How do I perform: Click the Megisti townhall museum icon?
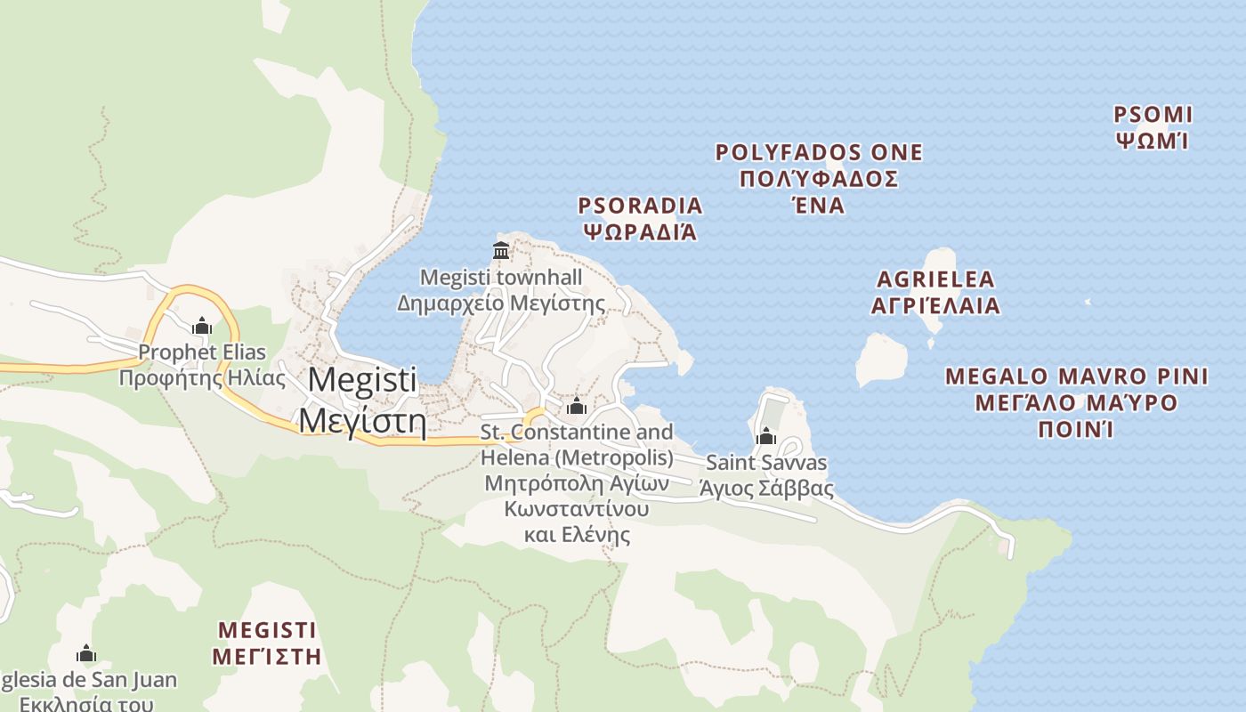tap(501, 251)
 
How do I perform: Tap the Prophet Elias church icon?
tap(202, 326)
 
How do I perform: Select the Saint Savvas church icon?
tap(765, 436)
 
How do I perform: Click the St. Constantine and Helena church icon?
tap(577, 406)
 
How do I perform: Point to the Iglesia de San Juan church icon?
tap(86, 654)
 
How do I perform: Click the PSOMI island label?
tap(1153, 115)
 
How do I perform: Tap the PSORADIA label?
tap(640, 206)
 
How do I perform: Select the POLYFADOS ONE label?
tap(819, 153)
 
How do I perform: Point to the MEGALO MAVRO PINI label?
tap(1077, 376)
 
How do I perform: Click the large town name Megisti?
tap(362, 380)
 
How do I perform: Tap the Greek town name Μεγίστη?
tap(361, 419)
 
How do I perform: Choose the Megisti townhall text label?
tap(501, 278)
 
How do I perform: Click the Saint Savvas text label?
tap(766, 463)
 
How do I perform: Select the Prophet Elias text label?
tap(202, 352)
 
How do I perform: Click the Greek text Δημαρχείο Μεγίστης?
tap(501, 303)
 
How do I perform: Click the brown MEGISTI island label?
tap(267, 630)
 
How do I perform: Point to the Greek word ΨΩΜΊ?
tap(1153, 141)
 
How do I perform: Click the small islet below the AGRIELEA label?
tap(880, 359)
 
